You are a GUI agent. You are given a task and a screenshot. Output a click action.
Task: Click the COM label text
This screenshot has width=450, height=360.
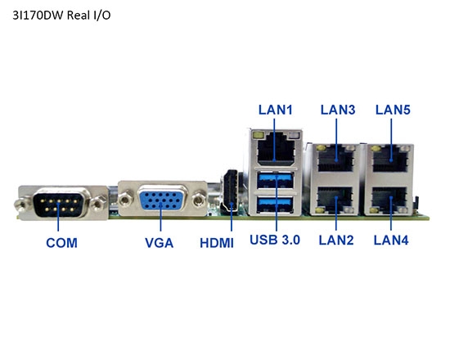coord(61,242)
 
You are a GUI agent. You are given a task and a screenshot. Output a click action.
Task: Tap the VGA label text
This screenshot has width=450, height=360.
coord(159,242)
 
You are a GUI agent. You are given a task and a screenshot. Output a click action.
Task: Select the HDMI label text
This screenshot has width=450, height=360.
coord(217,242)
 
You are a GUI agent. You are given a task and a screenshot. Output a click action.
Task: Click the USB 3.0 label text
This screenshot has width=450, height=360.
coord(275,240)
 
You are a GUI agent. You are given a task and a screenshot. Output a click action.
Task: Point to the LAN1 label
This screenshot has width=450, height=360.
coord(275,109)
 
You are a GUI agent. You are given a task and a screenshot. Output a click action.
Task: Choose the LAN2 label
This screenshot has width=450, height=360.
coord(335,240)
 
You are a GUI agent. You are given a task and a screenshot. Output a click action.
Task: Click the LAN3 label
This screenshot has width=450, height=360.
coord(337,109)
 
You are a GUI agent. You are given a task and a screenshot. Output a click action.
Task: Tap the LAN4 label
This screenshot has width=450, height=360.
coord(391,240)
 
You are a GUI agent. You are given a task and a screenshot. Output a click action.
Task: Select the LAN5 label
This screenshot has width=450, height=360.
coord(392,109)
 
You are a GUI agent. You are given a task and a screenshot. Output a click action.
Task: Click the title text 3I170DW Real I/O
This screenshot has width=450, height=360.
coord(61,15)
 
